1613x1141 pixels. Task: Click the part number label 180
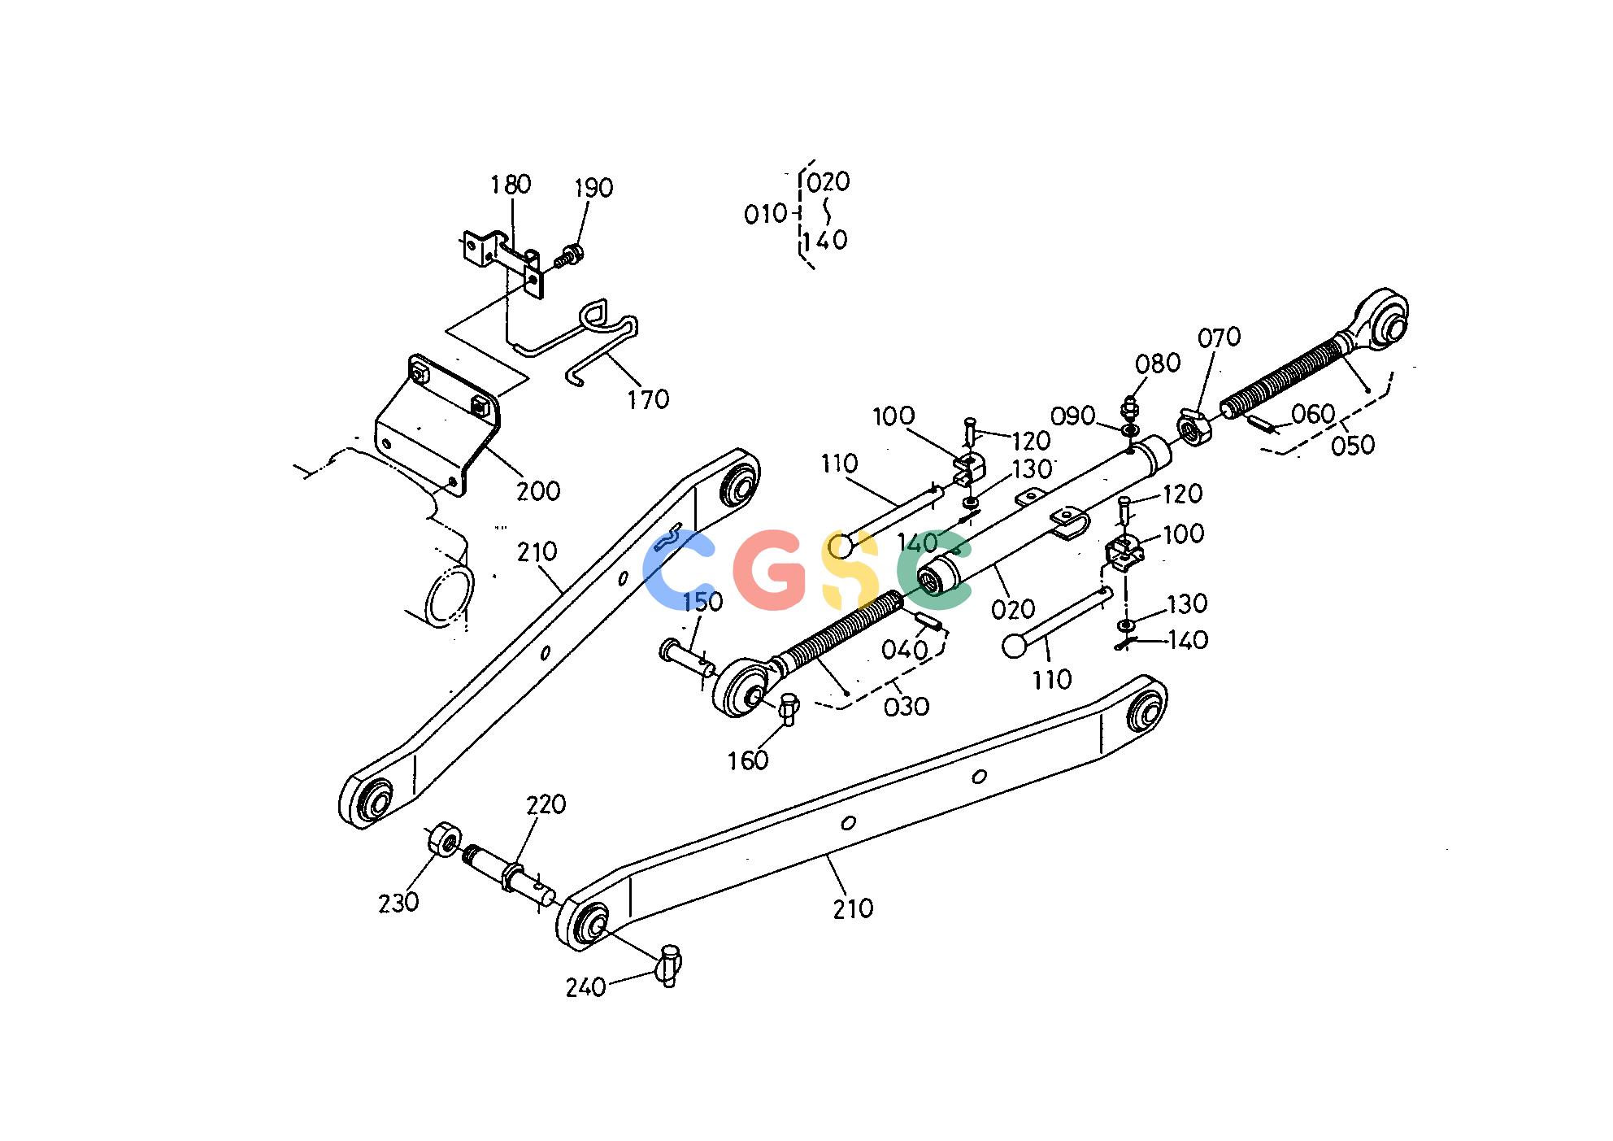tap(511, 185)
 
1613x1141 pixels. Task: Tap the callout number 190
tap(593, 188)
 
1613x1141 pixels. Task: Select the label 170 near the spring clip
tap(648, 399)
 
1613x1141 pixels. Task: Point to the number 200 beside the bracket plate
tap(538, 490)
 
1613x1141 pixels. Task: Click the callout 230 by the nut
tap(398, 902)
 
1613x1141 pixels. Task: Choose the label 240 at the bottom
tap(586, 987)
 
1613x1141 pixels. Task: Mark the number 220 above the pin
tap(546, 804)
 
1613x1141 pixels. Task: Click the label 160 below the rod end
tap(748, 760)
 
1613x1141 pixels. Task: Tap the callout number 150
tap(702, 602)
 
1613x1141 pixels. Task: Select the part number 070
tap(1219, 337)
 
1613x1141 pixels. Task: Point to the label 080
tap(1158, 363)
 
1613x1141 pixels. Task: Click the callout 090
tap(1073, 416)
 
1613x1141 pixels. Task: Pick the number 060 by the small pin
tap(1313, 414)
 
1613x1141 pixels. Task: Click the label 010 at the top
tap(766, 214)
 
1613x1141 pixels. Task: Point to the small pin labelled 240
tap(669, 965)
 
